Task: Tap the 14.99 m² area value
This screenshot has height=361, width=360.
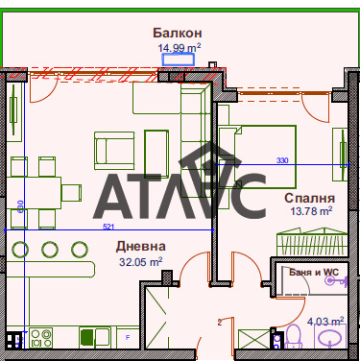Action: point(180,46)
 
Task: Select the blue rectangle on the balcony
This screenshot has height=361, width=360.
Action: point(178,60)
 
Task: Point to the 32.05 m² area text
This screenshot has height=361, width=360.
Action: point(140,260)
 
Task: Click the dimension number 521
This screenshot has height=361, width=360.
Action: point(108,228)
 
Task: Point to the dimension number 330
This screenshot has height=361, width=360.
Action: point(282,160)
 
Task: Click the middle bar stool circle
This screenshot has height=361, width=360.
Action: point(50,252)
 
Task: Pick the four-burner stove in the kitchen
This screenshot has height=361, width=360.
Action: point(41,338)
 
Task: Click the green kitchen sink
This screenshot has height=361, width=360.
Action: point(86,337)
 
